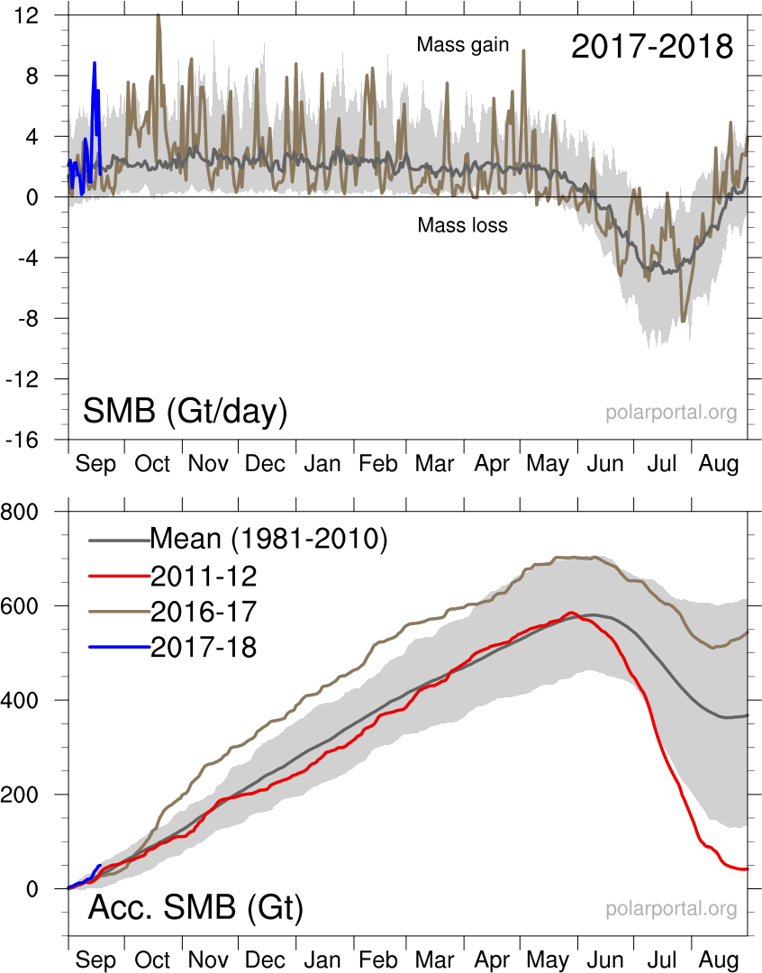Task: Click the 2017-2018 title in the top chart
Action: click(652, 47)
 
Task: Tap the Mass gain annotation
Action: click(463, 44)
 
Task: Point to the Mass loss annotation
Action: click(462, 225)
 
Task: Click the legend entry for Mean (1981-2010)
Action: click(268, 539)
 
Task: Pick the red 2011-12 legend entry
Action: click(204, 575)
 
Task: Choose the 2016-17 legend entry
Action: click(204, 611)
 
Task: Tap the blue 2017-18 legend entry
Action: click(204, 646)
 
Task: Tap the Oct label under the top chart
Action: click(152, 464)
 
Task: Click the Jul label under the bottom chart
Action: click(662, 960)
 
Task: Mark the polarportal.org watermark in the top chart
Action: click(671, 413)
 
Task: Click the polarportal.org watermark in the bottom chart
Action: click(671, 908)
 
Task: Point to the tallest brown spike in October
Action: click(159, 15)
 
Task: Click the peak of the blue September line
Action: click(94, 63)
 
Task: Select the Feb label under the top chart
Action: click(377, 464)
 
